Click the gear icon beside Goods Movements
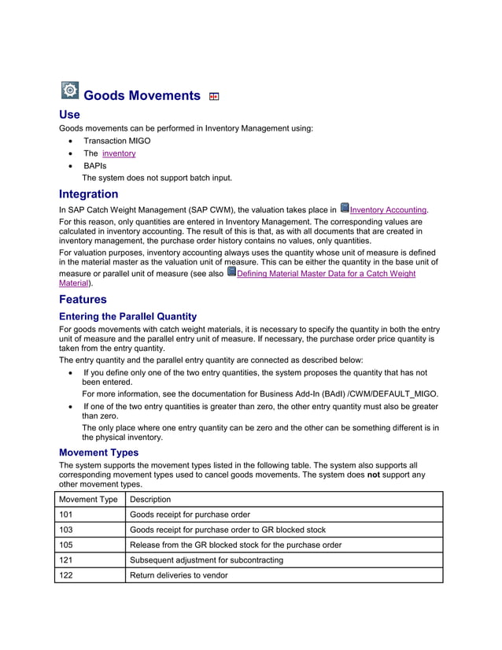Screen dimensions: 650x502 click(x=70, y=90)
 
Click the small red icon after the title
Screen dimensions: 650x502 click(x=214, y=97)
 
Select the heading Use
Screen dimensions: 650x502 click(x=69, y=115)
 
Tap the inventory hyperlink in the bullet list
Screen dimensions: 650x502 click(x=119, y=153)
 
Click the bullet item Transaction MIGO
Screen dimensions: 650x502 click(x=117, y=141)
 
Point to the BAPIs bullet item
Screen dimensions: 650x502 click(x=95, y=166)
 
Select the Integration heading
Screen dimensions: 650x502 click(x=89, y=194)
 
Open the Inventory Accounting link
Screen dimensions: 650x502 click(x=389, y=210)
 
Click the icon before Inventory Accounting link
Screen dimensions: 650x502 click(x=344, y=209)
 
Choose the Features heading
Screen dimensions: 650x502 click(x=83, y=300)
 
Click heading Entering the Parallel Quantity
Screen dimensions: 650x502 click(x=128, y=316)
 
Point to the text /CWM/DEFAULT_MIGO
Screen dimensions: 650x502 click(x=390, y=393)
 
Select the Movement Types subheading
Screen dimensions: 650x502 click(x=99, y=452)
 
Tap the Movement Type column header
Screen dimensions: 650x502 click(x=89, y=500)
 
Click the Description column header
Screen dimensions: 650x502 click(x=149, y=500)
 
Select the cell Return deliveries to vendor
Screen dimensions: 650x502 click(x=179, y=575)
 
